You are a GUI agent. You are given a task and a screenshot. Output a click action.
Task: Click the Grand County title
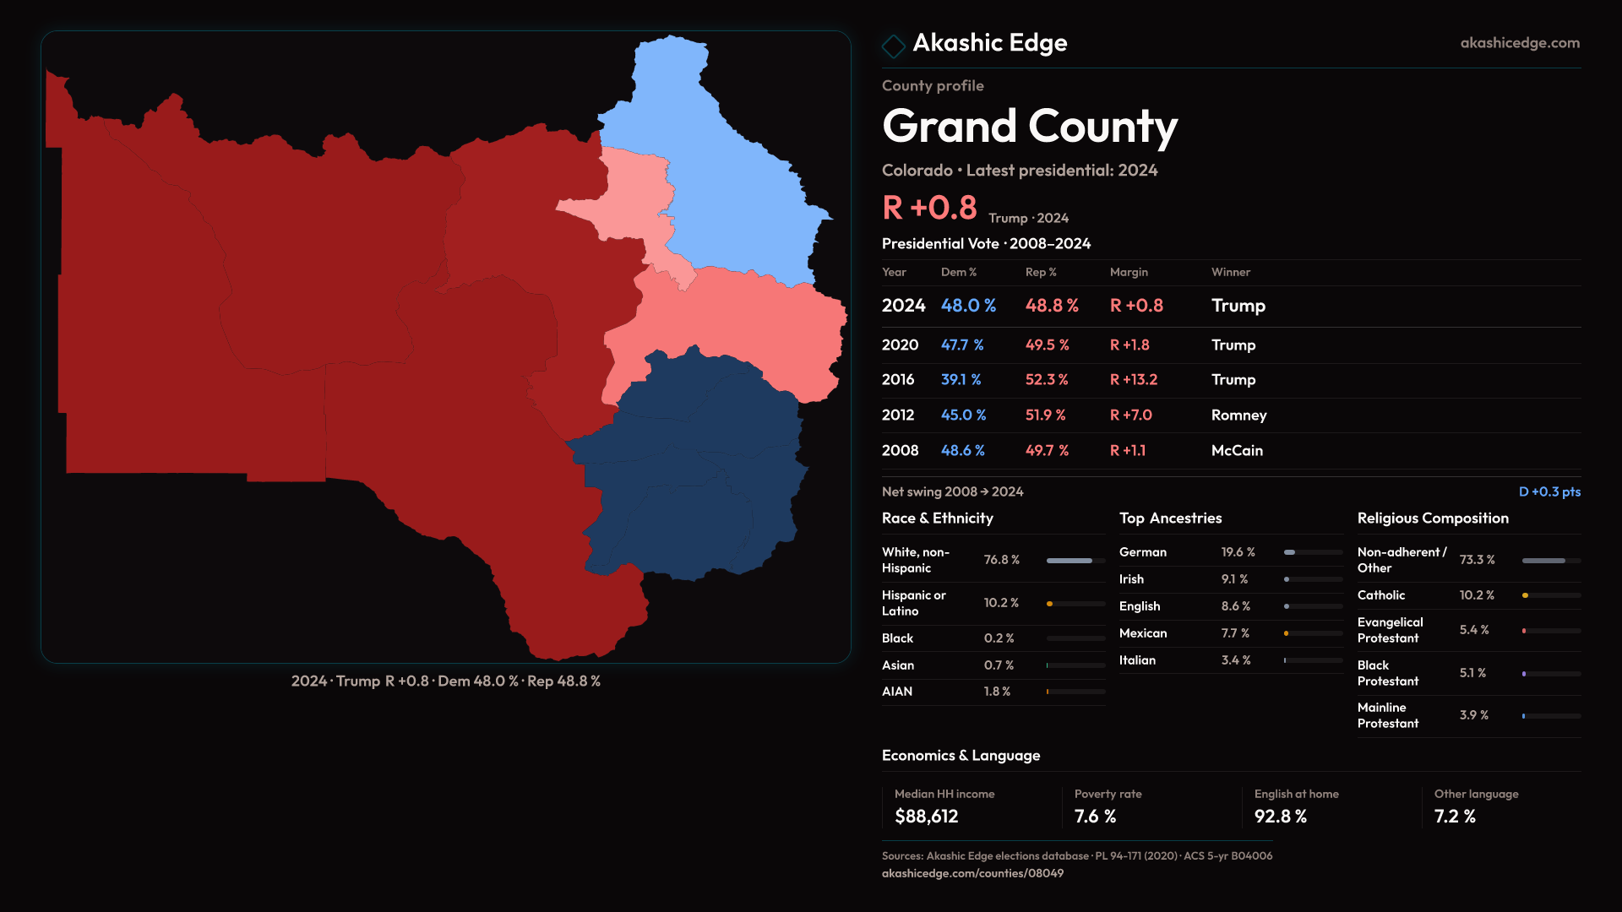click(x=1029, y=127)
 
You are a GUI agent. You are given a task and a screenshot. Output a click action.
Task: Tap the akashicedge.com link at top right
click(x=1519, y=43)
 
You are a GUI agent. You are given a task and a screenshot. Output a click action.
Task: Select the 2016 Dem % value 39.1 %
click(x=961, y=380)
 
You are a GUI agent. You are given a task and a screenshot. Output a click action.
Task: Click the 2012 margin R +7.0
click(x=1130, y=415)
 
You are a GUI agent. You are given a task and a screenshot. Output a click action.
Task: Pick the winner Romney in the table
click(x=1238, y=415)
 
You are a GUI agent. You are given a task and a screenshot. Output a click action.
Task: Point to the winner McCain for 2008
click(x=1237, y=451)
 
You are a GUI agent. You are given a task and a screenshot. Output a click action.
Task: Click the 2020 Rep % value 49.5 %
click(x=1047, y=345)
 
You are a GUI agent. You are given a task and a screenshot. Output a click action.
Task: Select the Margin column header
click(x=1129, y=272)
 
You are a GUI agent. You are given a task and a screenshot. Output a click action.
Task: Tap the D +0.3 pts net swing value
click(x=1549, y=491)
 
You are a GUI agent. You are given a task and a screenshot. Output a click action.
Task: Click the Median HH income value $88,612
click(x=926, y=817)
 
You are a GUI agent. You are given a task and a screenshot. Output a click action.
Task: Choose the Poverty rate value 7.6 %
click(x=1095, y=817)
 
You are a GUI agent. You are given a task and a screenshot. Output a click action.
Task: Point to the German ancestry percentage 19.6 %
click(x=1238, y=552)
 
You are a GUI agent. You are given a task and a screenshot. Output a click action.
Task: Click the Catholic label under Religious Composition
click(x=1380, y=595)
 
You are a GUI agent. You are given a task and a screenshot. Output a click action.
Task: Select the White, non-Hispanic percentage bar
click(x=1075, y=561)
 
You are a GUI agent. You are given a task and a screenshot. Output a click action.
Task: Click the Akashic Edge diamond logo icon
click(x=893, y=45)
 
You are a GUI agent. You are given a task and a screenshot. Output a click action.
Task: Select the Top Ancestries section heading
click(x=1170, y=518)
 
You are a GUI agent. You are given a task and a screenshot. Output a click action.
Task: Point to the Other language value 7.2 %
click(x=1455, y=817)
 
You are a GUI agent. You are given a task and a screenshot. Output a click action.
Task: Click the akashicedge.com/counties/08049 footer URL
click(x=972, y=874)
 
